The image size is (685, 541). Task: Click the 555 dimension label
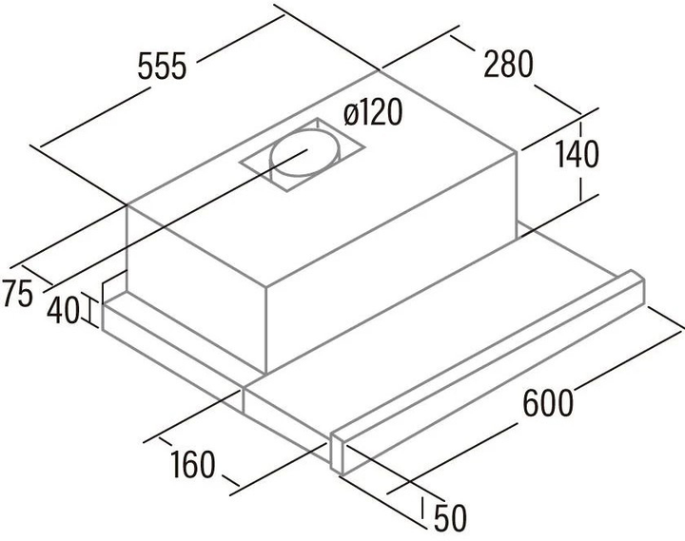coord(162,67)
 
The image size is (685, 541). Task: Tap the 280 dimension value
coord(508,64)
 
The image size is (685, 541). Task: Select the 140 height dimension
coord(577,154)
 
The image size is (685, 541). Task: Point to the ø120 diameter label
coord(372,111)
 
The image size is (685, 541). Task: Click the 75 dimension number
coord(17,294)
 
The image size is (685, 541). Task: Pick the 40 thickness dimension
coord(64,310)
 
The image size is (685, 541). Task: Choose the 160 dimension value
coord(192,465)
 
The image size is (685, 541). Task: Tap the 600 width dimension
coord(548,402)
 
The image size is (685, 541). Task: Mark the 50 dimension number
coord(450,518)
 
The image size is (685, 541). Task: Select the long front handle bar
coord(487,372)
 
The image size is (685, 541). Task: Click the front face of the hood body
coord(197,289)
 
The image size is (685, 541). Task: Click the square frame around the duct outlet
coord(302,155)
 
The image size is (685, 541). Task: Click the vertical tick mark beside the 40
coord(90,311)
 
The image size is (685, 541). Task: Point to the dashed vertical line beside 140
coord(581,162)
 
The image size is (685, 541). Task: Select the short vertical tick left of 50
coord(422,507)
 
